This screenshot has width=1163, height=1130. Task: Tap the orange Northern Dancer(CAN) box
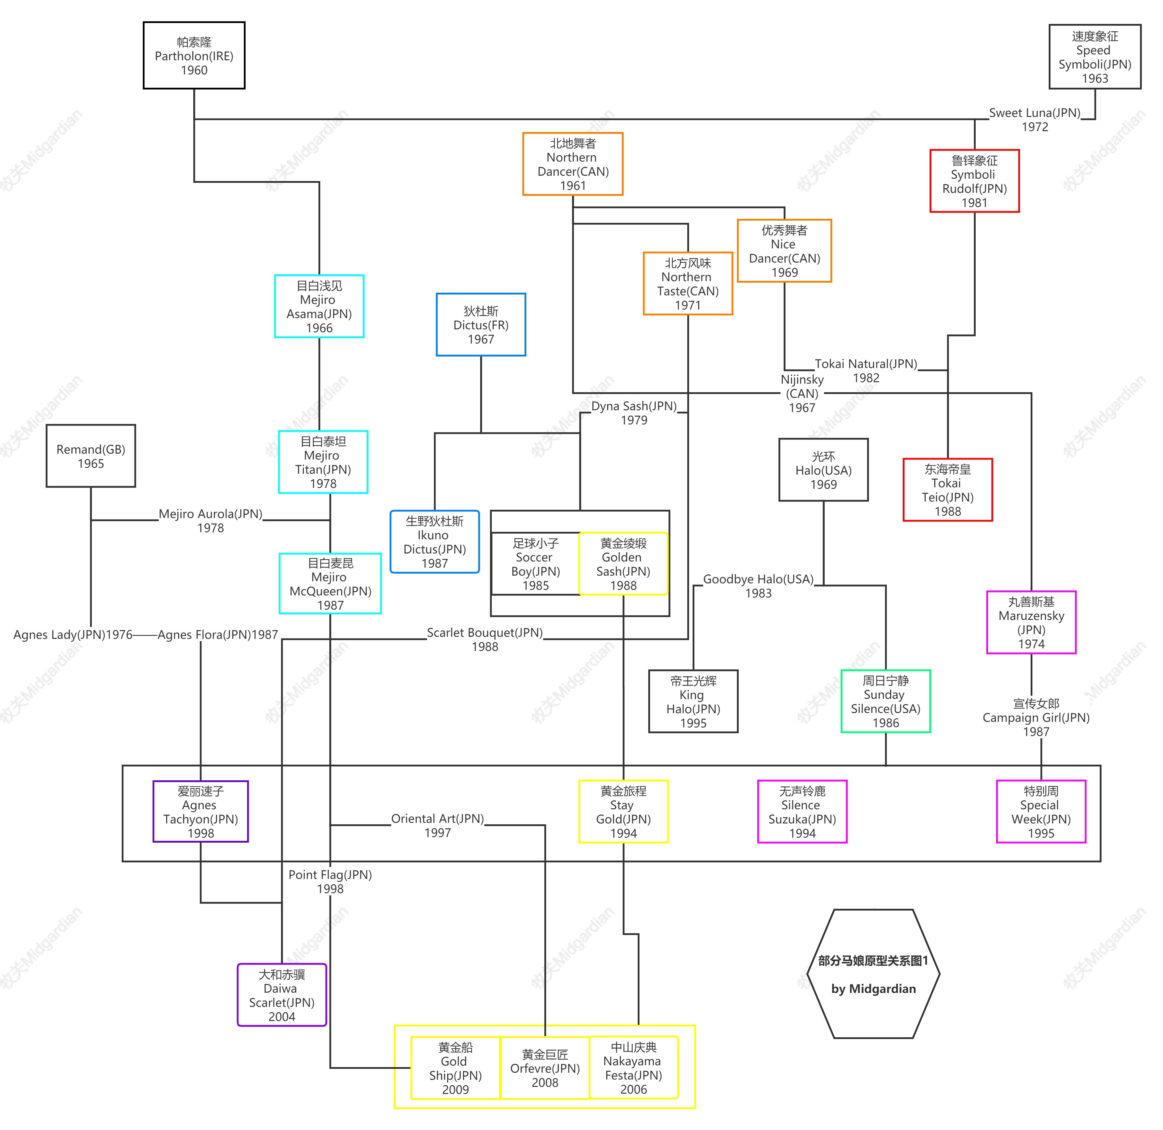573,164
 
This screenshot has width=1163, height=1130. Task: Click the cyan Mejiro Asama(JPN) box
319,306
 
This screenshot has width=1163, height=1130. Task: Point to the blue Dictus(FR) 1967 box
481,325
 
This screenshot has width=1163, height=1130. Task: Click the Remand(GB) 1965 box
91,456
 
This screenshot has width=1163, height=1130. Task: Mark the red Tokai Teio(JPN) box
948,490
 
